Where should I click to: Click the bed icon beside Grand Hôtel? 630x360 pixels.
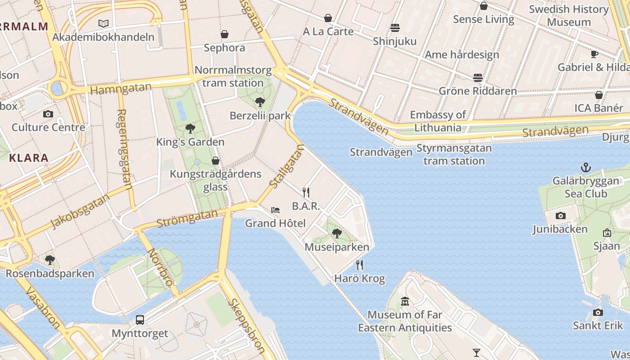tap(275, 210)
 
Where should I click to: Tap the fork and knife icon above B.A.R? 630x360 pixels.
tap(306, 193)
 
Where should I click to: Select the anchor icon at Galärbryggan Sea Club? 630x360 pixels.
tap(585, 168)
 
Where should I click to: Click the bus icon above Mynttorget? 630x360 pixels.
tap(140, 320)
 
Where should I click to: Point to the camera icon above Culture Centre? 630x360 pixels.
tap(48, 114)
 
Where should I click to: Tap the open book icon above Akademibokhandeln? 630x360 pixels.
tap(103, 23)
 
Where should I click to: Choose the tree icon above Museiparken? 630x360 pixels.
tap(337, 234)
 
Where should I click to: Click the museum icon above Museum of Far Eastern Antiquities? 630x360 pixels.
tap(405, 301)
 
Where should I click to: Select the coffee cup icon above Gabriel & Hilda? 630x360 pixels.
tap(594, 54)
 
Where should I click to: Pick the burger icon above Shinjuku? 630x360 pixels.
tap(395, 28)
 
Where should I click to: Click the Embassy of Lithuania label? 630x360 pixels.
tap(438, 121)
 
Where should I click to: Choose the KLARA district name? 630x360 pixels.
tap(29, 158)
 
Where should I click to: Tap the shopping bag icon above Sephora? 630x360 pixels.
tap(224, 34)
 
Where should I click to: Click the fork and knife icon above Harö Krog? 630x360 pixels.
tap(360, 265)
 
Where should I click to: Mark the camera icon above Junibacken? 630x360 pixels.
tap(560, 216)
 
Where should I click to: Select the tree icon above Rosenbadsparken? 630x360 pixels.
tap(50, 260)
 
